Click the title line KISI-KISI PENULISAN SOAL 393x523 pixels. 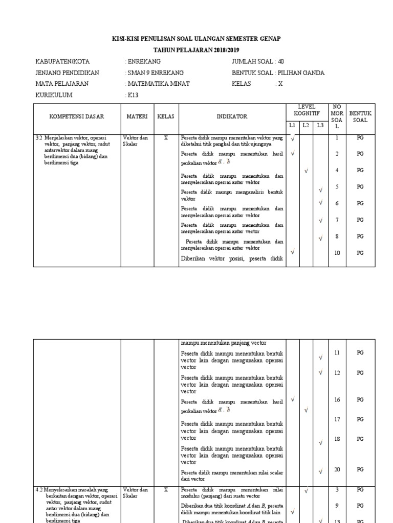point(196,39)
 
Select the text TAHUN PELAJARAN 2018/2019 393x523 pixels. point(196,50)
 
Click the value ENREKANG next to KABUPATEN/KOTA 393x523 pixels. point(144,61)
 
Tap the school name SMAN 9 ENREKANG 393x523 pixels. point(155,73)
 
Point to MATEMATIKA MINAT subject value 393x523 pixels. point(158,84)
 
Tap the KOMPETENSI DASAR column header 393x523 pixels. point(76,116)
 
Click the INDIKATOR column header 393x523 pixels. point(231,116)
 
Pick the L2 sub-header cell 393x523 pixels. point(305,125)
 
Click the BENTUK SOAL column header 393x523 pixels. point(360,116)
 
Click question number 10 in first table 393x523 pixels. point(337,253)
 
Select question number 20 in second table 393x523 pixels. point(337,469)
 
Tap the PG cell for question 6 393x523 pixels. point(360,203)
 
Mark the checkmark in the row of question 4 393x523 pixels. point(306,171)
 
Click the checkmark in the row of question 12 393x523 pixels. point(320,373)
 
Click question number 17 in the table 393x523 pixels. point(337,419)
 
